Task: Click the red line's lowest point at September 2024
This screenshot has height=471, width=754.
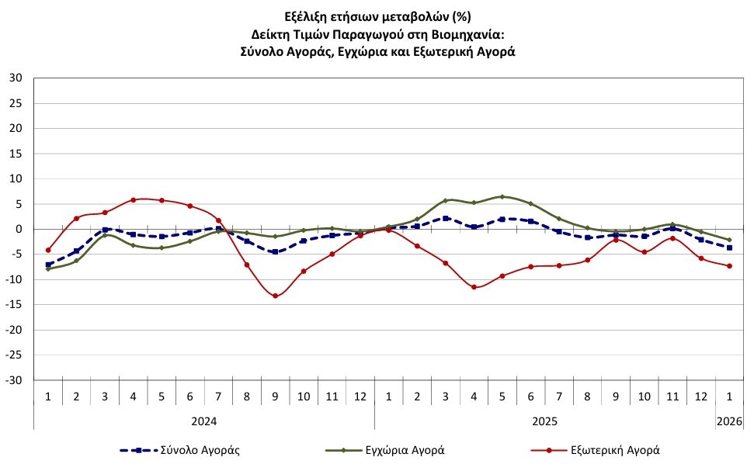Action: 275,296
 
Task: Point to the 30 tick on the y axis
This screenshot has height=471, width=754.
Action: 16,78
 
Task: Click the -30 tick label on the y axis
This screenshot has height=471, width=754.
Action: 15,380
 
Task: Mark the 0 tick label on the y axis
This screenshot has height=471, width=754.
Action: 19,229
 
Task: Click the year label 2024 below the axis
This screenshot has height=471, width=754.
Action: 203,421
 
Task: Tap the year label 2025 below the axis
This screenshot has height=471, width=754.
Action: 544,421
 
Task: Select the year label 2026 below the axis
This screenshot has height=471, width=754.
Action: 729,421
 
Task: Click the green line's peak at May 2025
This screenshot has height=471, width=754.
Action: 502,197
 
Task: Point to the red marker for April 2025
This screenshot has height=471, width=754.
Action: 474,287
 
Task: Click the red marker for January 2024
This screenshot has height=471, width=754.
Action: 48,250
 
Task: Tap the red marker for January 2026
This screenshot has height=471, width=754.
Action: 729,266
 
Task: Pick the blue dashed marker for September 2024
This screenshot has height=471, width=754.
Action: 275,251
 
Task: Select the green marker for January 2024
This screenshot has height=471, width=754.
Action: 48,268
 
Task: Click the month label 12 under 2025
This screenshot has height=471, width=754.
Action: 700,397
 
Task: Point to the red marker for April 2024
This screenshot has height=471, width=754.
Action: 134,199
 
